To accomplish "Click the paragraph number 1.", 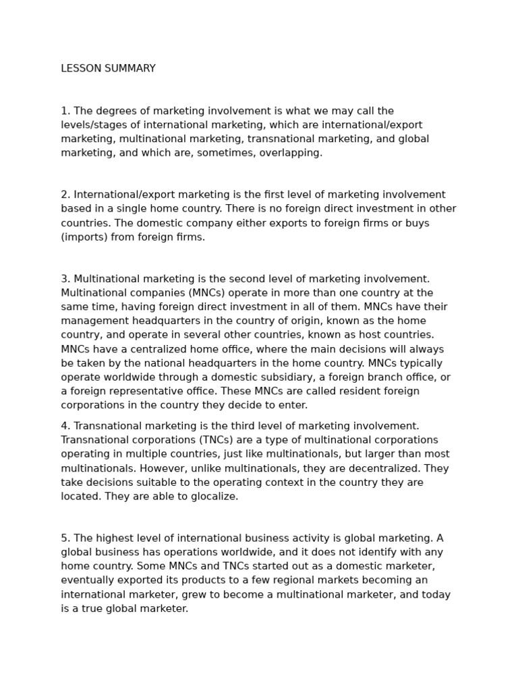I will pos(64,111).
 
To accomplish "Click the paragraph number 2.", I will pos(65,195).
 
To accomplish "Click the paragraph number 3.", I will pos(65,279).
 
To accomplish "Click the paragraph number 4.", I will pos(65,426).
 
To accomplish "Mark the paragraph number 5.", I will pos(65,538).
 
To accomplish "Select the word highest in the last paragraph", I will pos(113,538).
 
